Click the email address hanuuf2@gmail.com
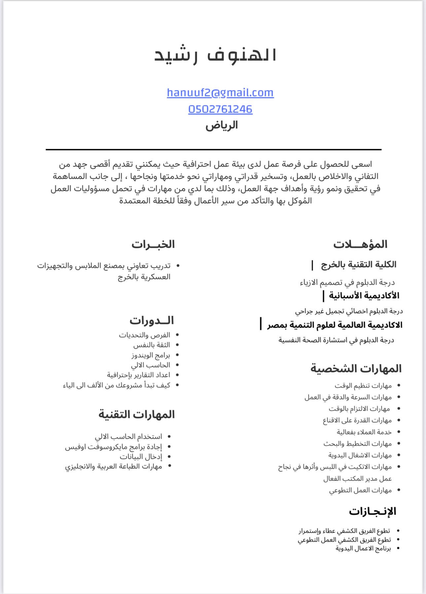pyautogui.click(x=220, y=93)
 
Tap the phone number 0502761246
pyautogui.click(x=220, y=109)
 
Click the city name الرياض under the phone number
pyautogui.click(x=222, y=125)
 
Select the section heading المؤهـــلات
pyautogui.click(x=360, y=244)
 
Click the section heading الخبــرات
pyautogui.click(x=153, y=244)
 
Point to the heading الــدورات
pyautogui.click(x=151, y=320)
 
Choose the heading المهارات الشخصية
pyautogui.click(x=356, y=368)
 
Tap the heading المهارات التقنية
pyautogui.click(x=136, y=414)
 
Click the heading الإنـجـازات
pyautogui.click(x=372, y=511)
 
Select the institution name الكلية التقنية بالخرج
pyautogui.click(x=358, y=265)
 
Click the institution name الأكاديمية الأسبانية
pyautogui.click(x=364, y=296)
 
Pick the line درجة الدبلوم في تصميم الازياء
pyautogui.click(x=347, y=282)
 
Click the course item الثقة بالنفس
pyautogui.click(x=152, y=345)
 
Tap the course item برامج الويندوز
pyautogui.click(x=151, y=355)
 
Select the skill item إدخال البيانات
pyautogui.click(x=141, y=456)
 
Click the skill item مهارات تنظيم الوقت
pyautogui.click(x=363, y=386)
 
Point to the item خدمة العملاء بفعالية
pyautogui.click(x=364, y=432)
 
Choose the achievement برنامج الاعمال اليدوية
pyautogui.click(x=363, y=548)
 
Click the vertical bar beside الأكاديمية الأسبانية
pyautogui.click(x=323, y=296)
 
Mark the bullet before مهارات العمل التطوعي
pyautogui.click(x=399, y=490)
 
